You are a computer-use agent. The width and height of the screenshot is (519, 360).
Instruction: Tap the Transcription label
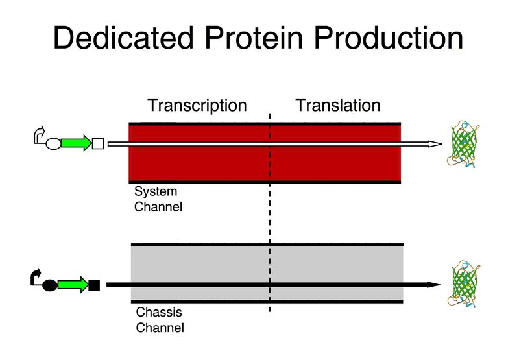pyautogui.click(x=197, y=105)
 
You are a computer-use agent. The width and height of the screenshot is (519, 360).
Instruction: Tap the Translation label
pyautogui.click(x=338, y=105)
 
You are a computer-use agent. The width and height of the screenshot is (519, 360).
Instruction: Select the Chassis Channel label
pyautogui.click(x=160, y=320)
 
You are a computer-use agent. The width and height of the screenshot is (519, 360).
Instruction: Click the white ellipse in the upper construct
pyautogui.click(x=52, y=144)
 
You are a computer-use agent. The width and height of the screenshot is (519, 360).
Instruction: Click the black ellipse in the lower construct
pyautogui.click(x=49, y=284)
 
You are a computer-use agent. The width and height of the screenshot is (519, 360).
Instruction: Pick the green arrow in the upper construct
pyautogui.click(x=76, y=144)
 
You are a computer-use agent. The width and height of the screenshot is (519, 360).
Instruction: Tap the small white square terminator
pyautogui.click(x=98, y=144)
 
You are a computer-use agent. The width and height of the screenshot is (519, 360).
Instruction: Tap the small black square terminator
pyautogui.click(x=94, y=284)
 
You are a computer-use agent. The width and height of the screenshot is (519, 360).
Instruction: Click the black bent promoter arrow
pyautogui.click(x=36, y=278)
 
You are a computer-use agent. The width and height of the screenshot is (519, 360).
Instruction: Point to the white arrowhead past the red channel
pyautogui.click(x=434, y=144)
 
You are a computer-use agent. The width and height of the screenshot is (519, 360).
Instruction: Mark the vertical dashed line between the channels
pyautogui.click(x=269, y=214)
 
